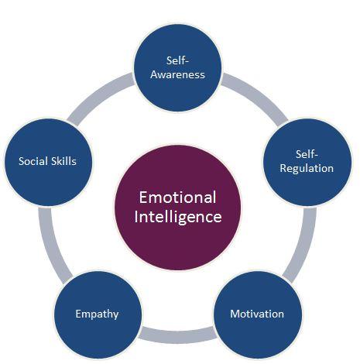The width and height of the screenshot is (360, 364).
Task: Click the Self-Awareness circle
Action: point(179,68)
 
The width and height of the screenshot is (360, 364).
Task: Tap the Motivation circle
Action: point(257,314)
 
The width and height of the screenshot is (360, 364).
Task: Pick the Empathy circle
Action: point(97,314)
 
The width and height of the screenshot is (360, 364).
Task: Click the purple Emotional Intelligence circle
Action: point(178,205)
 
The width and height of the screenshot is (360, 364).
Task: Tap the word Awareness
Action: point(179,75)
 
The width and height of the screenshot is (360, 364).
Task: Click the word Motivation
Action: point(257,314)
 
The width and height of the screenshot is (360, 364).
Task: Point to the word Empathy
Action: point(97,314)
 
